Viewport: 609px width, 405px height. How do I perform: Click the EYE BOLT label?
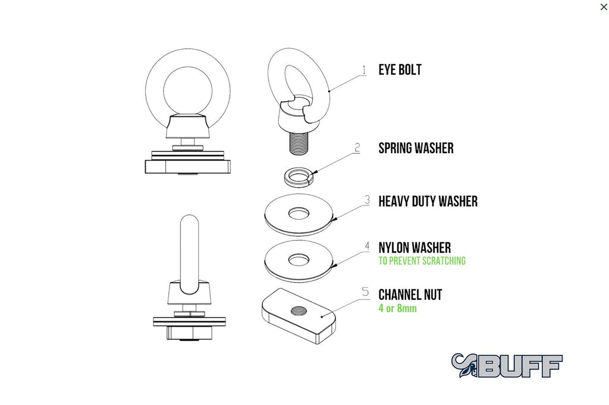pos(400,70)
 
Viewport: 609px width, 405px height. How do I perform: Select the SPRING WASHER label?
pos(416,148)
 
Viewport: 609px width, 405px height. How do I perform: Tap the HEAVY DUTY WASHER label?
pos(428,201)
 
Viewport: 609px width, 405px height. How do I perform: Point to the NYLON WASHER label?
pos(415,248)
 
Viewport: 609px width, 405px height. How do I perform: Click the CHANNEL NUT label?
pos(410,295)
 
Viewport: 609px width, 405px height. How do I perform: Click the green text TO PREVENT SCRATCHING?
pos(422,261)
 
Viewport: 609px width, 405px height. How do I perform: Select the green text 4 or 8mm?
pos(398,308)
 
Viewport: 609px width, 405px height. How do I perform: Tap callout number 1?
pos(364,70)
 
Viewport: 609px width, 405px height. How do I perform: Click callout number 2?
pos(357,148)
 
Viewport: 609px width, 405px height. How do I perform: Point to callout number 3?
pos(367,200)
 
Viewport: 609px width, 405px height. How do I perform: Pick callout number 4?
pos(367,246)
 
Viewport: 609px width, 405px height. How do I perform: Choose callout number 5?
pos(366,292)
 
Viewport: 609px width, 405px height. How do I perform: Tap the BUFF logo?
pos(507,365)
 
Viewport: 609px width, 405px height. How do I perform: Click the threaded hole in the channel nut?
pos(299,310)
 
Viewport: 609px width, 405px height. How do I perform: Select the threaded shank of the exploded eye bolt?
pos(299,143)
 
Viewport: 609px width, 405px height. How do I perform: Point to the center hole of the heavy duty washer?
pos(299,213)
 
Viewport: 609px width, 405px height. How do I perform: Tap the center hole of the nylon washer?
pos(299,260)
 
